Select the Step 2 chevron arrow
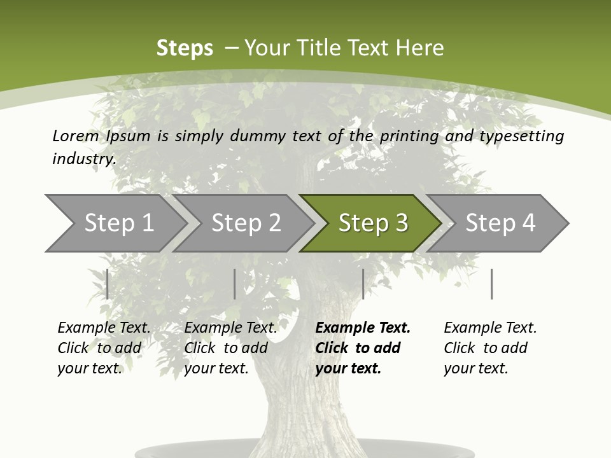coord(246,223)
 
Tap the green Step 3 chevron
coord(373,223)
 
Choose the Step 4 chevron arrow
coord(500,223)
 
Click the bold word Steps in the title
coord(185,48)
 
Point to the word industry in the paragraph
coord(84,158)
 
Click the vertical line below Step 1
coord(108,284)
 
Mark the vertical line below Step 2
coord(235,284)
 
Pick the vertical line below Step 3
coord(363,284)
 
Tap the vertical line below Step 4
coord(491,284)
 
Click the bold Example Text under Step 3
coord(363,328)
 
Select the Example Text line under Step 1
coord(104,328)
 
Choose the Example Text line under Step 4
coord(490,328)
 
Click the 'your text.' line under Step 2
coord(216,368)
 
